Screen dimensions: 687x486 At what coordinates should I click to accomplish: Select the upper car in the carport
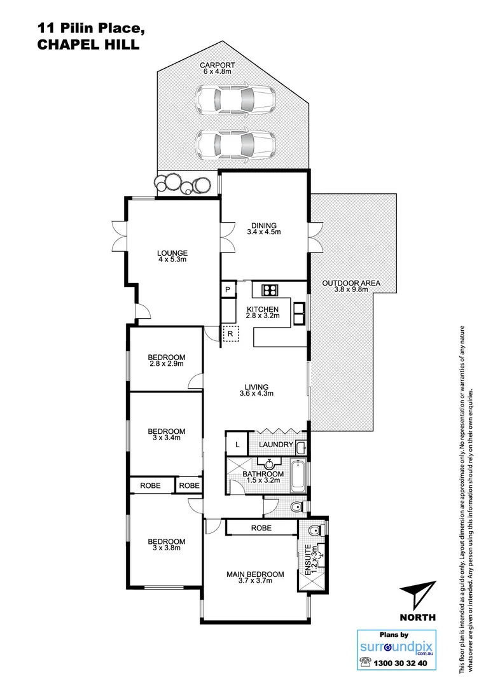point(235,99)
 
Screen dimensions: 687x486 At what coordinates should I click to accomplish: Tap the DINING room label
point(263,225)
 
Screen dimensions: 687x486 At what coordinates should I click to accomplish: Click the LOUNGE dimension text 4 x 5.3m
point(173,260)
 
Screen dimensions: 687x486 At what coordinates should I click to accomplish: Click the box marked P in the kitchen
point(228,290)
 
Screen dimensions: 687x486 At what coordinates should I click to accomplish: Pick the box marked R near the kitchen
point(230,333)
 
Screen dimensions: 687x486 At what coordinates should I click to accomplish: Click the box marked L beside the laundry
point(237,445)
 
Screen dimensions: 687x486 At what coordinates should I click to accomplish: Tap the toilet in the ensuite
point(313,531)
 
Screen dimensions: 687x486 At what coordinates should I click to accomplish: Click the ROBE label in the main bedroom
point(261,528)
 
